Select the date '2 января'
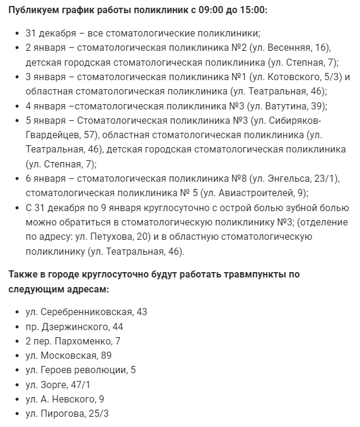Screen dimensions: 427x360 [x=47, y=47]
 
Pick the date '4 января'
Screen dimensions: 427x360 [x=47, y=106]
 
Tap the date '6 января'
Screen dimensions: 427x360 [x=47, y=178]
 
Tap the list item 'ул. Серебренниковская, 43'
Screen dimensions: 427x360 [x=86, y=312]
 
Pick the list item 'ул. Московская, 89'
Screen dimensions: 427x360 [x=69, y=355]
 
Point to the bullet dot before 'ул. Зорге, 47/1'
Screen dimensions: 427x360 [x=15, y=385]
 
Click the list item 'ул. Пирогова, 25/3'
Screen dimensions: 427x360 [x=67, y=414]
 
